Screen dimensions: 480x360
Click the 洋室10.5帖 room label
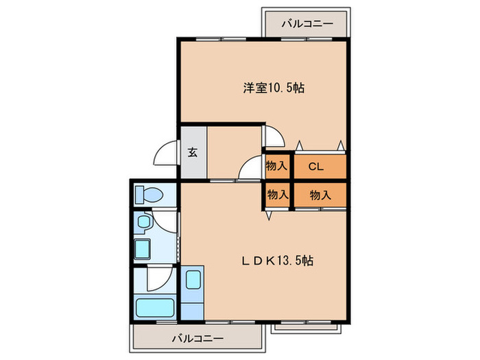(274, 88)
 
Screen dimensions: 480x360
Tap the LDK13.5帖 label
(278, 261)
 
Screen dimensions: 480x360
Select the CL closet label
(316, 167)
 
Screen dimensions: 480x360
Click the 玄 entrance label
(193, 152)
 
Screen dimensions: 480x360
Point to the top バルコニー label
(307, 23)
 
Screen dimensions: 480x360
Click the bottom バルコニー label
(197, 339)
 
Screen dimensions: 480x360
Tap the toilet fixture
(149, 194)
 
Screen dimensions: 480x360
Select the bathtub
(155, 308)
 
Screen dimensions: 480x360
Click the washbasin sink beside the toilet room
(143, 221)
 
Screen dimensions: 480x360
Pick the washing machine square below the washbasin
(143, 248)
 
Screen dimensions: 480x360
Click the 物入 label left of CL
(277, 166)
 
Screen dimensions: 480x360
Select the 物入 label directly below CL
(320, 195)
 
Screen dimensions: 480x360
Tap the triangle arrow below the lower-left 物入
(269, 215)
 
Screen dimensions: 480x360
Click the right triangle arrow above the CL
(340, 145)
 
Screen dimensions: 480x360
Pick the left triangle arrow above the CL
(299, 145)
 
